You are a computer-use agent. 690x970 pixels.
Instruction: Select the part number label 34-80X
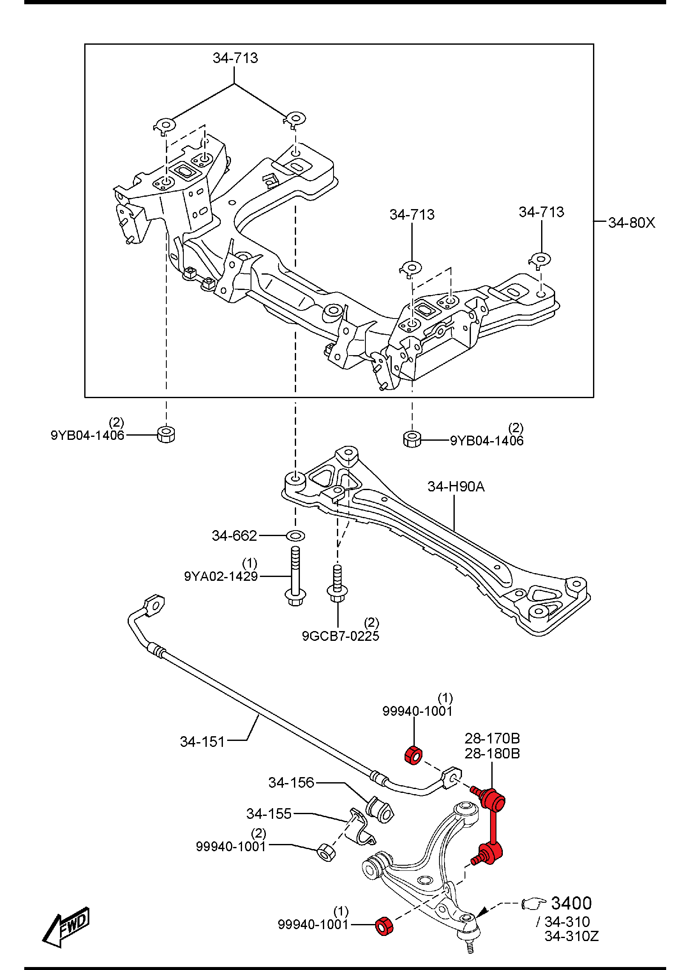[631, 223]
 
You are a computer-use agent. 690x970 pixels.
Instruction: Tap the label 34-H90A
[456, 486]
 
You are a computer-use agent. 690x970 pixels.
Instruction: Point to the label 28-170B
[492, 738]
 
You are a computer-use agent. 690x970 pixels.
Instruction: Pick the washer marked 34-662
[295, 535]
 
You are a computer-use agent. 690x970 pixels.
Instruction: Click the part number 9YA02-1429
[221, 577]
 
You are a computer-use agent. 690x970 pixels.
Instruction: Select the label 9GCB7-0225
[340, 636]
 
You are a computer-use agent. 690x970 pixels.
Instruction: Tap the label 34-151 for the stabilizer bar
[202, 742]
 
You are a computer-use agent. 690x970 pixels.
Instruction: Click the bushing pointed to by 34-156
[379, 809]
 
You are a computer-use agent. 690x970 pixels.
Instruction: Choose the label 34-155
[268, 814]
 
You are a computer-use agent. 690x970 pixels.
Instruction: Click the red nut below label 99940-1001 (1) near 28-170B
[413, 755]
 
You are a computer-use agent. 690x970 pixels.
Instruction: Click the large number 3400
[571, 903]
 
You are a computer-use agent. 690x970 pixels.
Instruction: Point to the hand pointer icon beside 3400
[533, 903]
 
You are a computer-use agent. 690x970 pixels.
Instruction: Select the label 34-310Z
[571, 936]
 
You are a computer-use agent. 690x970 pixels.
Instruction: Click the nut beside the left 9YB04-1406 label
[166, 434]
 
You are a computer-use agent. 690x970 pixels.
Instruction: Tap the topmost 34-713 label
[235, 58]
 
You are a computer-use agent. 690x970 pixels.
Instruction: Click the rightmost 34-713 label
[541, 212]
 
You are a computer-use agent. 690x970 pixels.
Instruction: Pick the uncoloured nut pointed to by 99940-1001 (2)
[326, 852]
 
